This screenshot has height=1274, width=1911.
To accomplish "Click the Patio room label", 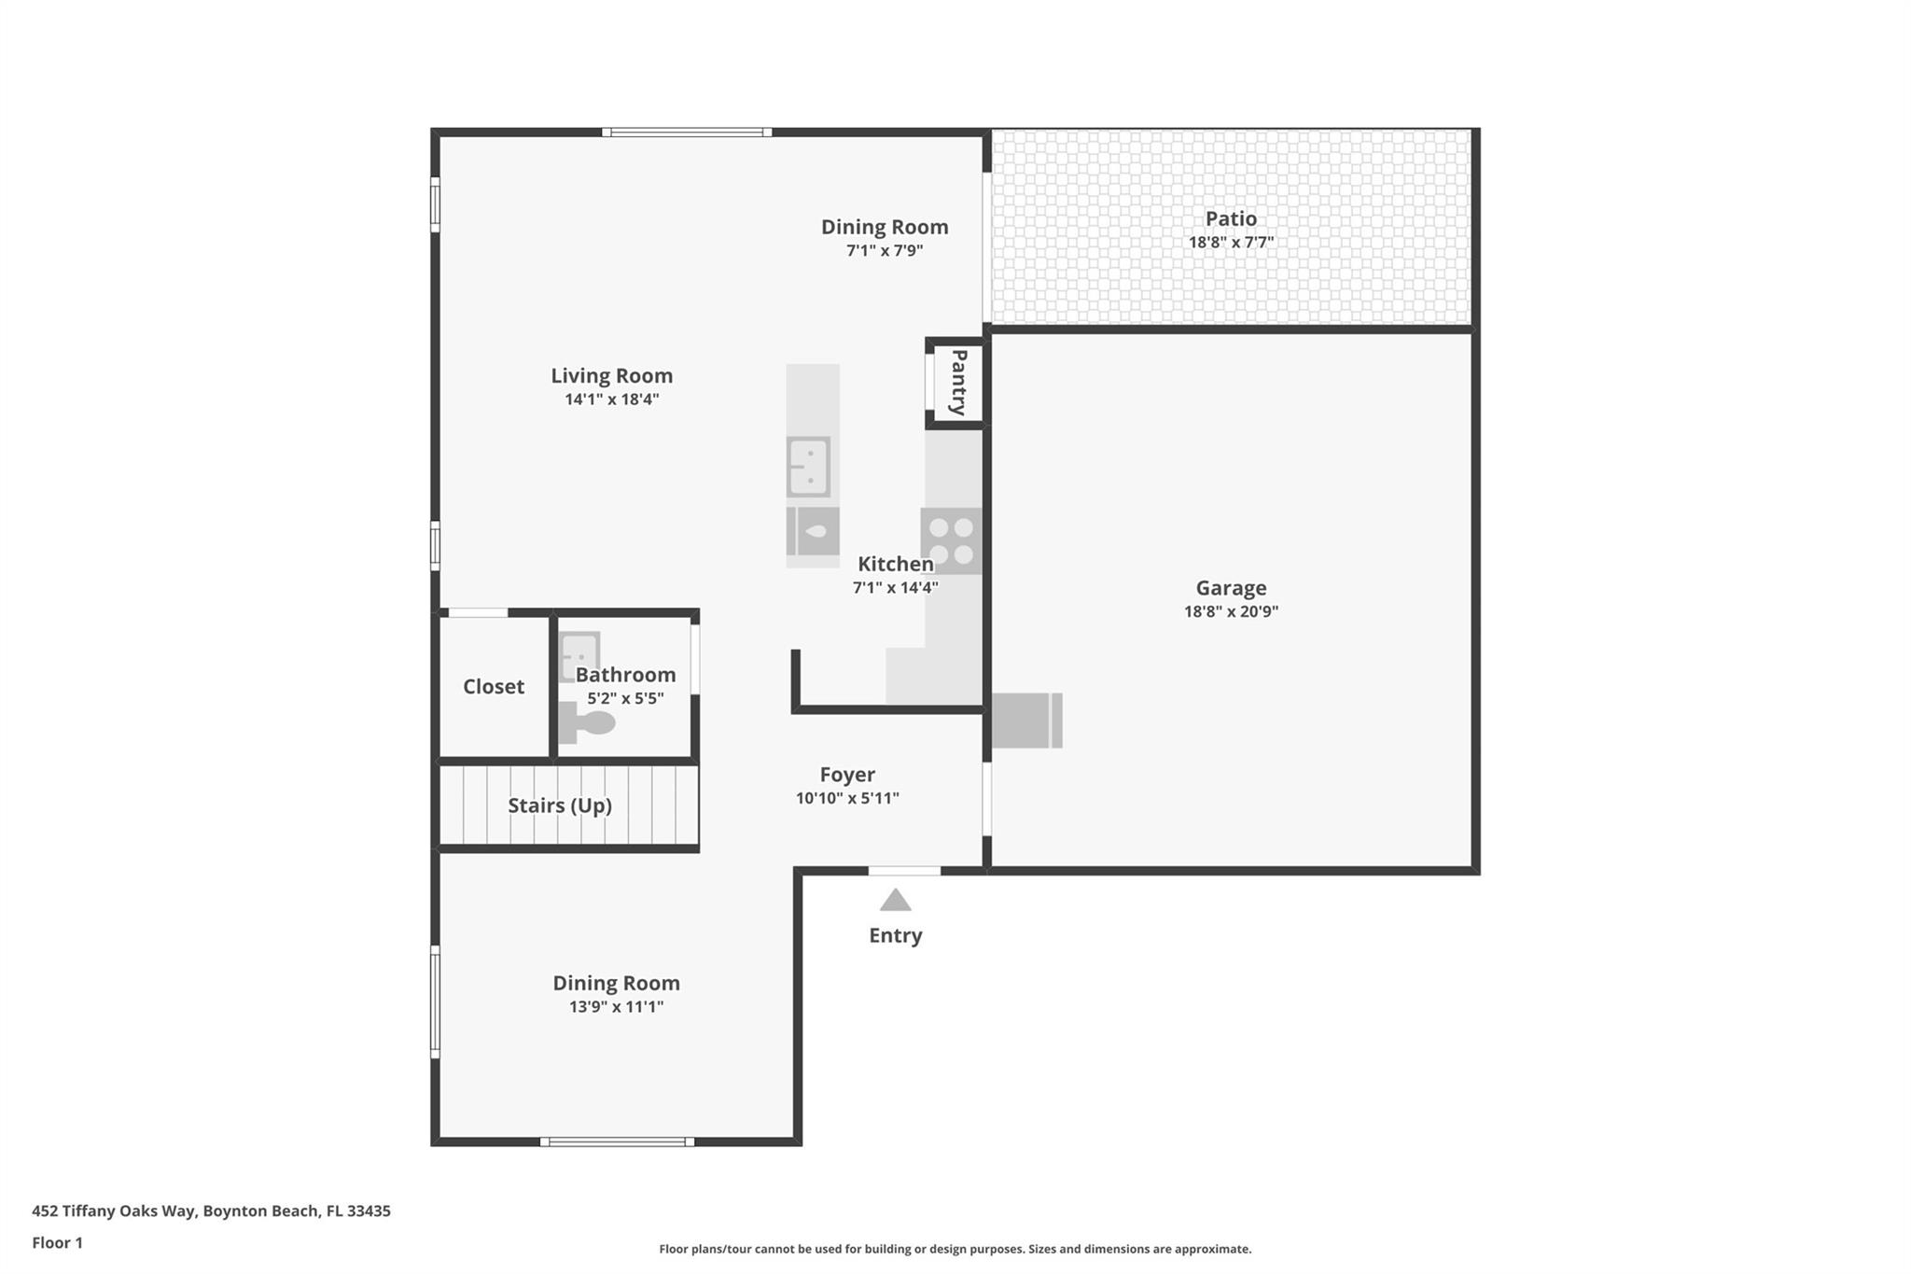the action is (1231, 218).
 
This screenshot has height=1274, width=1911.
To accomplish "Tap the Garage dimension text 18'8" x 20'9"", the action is (1231, 611).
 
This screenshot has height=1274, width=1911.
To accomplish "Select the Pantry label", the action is (958, 383).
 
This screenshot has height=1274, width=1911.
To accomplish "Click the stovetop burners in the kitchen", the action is (951, 541).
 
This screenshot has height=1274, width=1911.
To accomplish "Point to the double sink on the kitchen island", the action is (808, 467).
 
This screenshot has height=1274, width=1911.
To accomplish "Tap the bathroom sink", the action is (579, 656).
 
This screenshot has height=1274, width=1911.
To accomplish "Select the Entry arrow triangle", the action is (896, 900).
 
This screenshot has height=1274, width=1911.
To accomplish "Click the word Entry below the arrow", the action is (896, 935).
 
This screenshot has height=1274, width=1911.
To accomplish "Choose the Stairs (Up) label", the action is (560, 805).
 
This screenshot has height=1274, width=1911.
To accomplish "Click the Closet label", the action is (494, 687).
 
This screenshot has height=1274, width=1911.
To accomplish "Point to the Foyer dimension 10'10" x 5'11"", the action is (847, 798).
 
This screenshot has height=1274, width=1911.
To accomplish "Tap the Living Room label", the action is (611, 375).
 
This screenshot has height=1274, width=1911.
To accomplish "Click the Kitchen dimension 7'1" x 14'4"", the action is (896, 587).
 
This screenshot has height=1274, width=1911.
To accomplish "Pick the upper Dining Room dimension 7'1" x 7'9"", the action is (885, 250).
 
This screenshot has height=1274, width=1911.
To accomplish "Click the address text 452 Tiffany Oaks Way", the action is (114, 1211).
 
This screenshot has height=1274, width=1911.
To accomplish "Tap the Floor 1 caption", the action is (57, 1242).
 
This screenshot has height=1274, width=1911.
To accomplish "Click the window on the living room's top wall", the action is (687, 133).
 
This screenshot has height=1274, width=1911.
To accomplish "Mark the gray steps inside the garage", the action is (1026, 721).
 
